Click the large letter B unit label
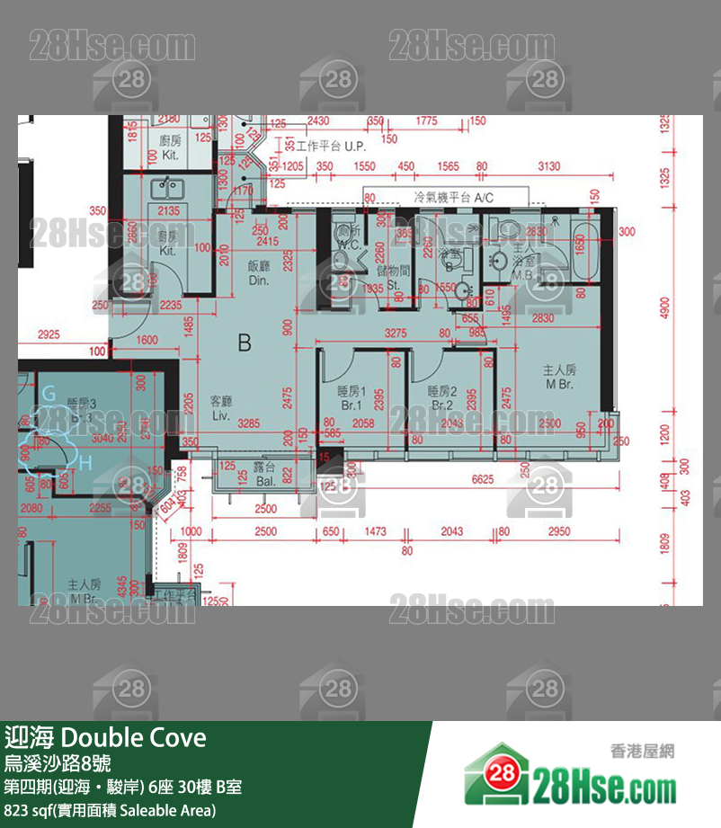pyautogui.click(x=244, y=342)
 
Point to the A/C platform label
pyautogui.click(x=454, y=196)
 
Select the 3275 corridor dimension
pyautogui.click(x=396, y=334)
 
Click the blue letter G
pyautogui.click(x=49, y=393)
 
